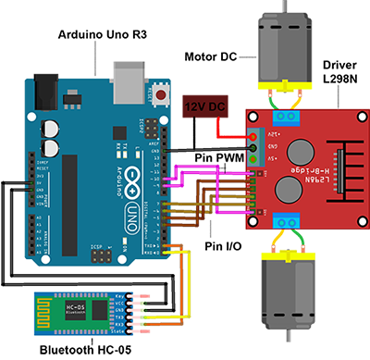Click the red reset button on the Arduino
pyautogui.click(x=164, y=94)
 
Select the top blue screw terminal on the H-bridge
pyautogui.click(x=286, y=117)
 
